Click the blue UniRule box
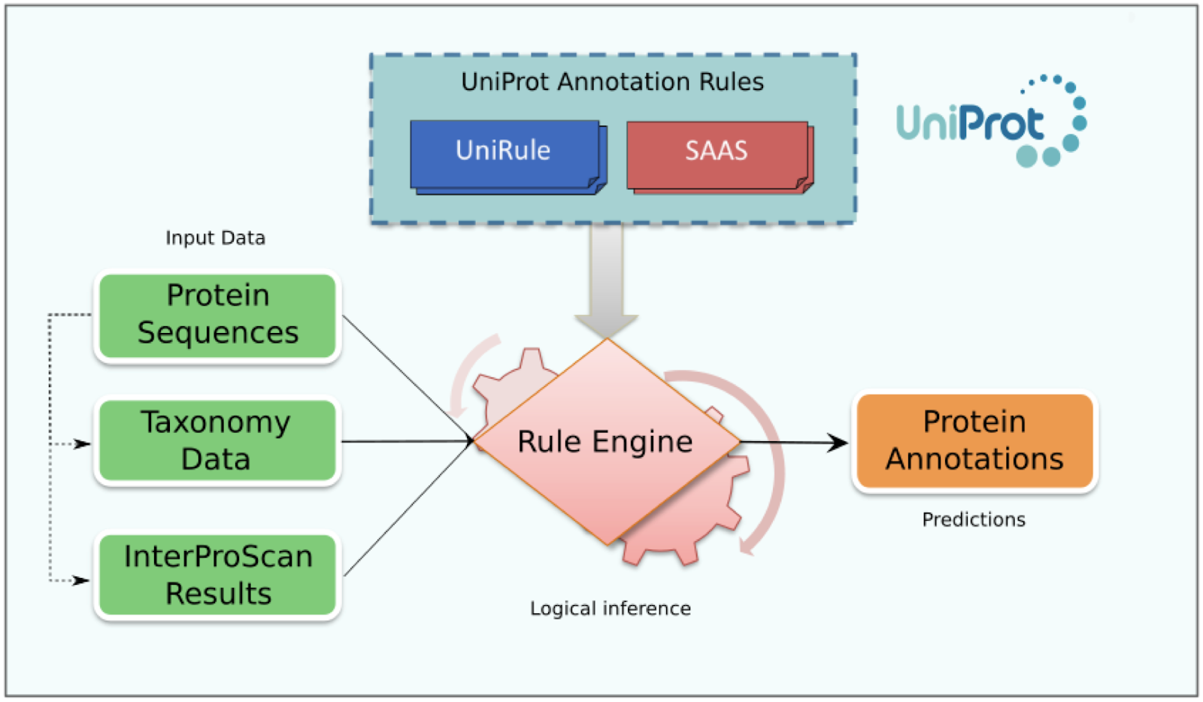coord(504,153)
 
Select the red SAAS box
coord(717,153)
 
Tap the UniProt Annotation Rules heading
coord(612,82)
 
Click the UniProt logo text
coord(970,123)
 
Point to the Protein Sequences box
coord(217,315)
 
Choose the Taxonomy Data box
coord(217,441)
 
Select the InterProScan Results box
coord(217,575)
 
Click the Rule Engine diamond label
coord(605,442)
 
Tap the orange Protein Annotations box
coord(974,441)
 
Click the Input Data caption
coord(215,238)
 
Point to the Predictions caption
coord(974,520)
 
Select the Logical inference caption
coord(610,609)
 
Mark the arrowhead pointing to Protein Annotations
coord(838,443)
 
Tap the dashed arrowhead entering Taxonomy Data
coord(83,444)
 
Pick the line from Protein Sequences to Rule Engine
coord(406,377)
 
